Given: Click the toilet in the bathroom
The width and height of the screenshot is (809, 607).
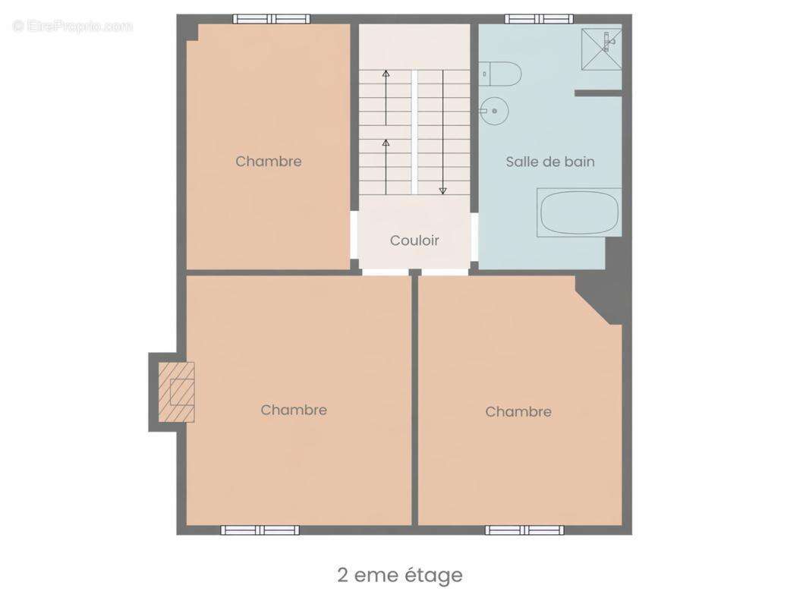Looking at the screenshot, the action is coord(499,74).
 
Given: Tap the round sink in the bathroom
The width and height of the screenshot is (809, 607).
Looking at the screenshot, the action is coord(494,110).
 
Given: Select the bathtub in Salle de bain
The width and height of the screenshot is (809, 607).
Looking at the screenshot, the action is coord(579,212).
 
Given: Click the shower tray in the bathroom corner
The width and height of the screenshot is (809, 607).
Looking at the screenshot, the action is coord(602,49).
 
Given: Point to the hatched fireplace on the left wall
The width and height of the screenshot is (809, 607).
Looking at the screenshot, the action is coord(176,392).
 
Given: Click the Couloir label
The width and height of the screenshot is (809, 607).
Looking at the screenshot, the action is coord(414,241).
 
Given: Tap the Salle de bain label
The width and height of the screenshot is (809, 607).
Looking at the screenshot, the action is coord(550,162).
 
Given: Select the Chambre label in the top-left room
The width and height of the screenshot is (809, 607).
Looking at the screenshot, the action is coord(269,161).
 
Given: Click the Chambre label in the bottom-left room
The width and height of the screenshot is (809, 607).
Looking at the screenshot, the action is coord(294,410).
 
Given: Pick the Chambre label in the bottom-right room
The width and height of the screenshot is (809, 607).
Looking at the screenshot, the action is coord(518,411).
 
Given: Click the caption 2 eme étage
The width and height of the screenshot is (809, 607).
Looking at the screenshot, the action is coord(400,575).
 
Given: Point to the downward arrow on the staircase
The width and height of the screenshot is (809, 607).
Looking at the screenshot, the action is coord(442,132).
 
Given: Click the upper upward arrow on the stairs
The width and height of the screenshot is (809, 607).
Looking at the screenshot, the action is coord(386,97).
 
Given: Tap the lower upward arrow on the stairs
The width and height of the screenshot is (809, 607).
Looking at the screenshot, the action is coord(386,167).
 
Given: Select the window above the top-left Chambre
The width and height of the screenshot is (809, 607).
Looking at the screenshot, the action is coord(272,19).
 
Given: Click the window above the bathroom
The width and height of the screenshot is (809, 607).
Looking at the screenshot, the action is coord(539,19).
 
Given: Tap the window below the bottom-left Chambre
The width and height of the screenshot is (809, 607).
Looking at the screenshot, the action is coord(260,530).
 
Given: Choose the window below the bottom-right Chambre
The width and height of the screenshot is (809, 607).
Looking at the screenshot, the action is coord(524,530).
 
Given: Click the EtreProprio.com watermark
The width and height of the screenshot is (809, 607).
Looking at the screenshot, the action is coord(72,26).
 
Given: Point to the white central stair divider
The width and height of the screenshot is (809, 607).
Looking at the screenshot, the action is coord(414,133).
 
